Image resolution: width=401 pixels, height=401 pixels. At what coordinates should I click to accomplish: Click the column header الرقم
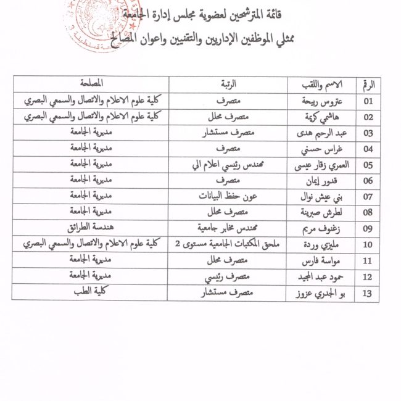[369, 83]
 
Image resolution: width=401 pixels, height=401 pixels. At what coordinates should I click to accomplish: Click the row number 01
[369, 101]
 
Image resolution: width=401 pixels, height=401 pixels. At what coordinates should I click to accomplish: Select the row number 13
[369, 294]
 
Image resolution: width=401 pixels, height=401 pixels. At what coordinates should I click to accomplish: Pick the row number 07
[369, 197]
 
